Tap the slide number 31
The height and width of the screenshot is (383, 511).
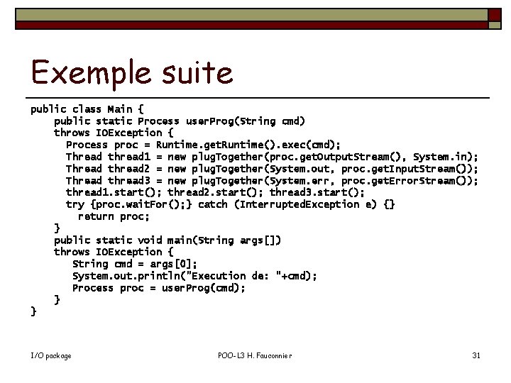pyautogui.click(x=476, y=355)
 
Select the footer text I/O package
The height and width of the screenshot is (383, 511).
pyautogui.click(x=51, y=355)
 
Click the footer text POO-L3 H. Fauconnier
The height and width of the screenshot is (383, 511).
pyautogui.click(x=255, y=355)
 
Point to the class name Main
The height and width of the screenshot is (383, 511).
pyautogui.click(x=119, y=109)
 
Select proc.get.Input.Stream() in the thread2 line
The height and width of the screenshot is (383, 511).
pyautogui.click(x=407, y=169)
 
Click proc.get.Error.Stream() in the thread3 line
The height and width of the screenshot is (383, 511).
pyautogui.click(x=407, y=181)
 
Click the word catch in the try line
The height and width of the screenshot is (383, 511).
pyautogui.click(x=213, y=204)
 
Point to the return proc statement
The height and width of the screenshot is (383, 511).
pyautogui.click(x=113, y=216)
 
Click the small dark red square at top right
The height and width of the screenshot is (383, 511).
pyautogui.click(x=492, y=15)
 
